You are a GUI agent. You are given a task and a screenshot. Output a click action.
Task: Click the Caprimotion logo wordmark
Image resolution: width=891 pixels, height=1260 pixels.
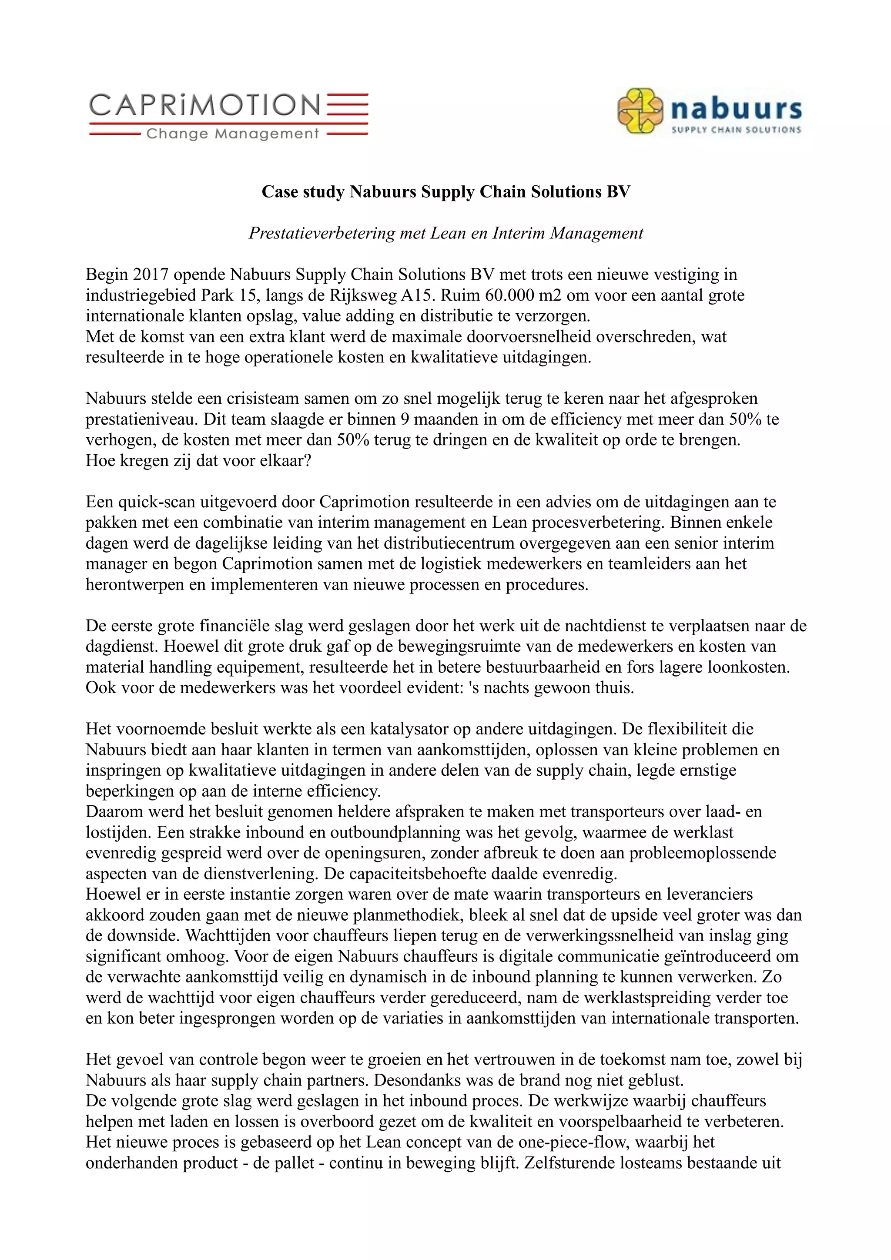(x=204, y=104)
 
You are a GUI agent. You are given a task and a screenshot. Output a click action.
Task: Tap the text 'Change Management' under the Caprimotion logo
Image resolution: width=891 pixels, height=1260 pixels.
(x=233, y=134)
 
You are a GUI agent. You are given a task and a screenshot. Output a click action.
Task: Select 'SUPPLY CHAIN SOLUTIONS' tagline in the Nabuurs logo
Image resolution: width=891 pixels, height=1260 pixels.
(x=736, y=130)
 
